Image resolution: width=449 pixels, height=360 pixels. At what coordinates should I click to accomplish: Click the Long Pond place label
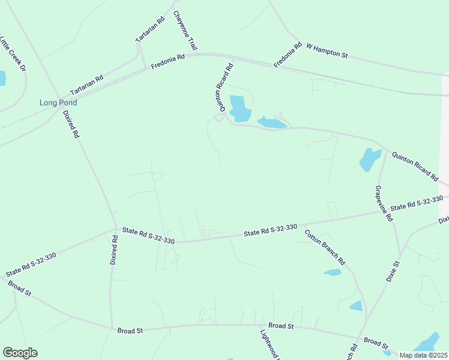pyautogui.click(x=58, y=103)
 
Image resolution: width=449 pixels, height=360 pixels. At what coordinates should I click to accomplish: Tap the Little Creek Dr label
pyautogui.click(x=13, y=55)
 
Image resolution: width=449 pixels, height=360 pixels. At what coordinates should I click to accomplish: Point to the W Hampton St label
pyautogui.click(x=327, y=50)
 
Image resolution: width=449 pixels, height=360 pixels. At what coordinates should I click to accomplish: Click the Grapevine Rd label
pyautogui.click(x=384, y=204)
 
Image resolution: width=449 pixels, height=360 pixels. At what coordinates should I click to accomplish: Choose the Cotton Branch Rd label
pyautogui.click(x=325, y=248)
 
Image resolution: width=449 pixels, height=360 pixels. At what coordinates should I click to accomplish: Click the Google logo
pyautogui.click(x=20, y=353)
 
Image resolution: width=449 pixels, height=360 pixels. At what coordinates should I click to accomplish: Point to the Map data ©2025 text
pyautogui.click(x=424, y=355)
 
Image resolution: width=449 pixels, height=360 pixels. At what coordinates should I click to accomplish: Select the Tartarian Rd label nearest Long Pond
pyautogui.click(x=87, y=85)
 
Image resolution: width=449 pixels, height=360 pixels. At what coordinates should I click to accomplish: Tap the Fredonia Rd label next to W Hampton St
pyautogui.click(x=287, y=55)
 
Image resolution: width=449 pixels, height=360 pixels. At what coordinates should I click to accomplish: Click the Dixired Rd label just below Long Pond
pyautogui.click(x=70, y=125)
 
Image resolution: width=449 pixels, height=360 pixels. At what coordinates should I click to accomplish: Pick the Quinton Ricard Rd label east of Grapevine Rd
pyautogui.click(x=415, y=166)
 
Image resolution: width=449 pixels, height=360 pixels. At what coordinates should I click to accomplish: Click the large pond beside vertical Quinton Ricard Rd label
pyautogui.click(x=239, y=109)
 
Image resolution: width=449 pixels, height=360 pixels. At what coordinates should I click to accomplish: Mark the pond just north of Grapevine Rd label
pyautogui.click(x=369, y=160)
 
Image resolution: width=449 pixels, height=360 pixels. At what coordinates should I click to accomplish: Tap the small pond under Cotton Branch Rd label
pyautogui.click(x=332, y=272)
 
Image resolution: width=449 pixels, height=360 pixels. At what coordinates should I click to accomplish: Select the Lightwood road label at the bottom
pyautogui.click(x=270, y=344)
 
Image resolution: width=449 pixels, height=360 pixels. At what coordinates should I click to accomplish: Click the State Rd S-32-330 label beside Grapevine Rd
pyautogui.click(x=417, y=203)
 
